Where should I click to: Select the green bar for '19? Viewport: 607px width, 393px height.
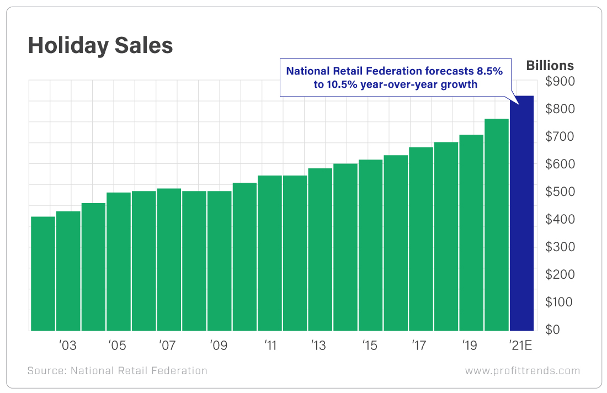471,232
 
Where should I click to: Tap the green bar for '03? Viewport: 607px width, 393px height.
68,270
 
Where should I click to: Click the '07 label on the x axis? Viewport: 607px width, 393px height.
167,346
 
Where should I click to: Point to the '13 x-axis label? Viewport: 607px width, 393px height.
318,346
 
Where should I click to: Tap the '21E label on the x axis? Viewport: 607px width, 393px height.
520,346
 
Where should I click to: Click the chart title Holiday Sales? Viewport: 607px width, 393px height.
100,46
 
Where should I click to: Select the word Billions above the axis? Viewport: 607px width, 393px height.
550,66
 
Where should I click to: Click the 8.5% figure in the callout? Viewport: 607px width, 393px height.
496,71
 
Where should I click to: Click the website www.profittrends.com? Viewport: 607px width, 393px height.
522,371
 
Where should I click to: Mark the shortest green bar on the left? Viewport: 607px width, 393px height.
42,273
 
